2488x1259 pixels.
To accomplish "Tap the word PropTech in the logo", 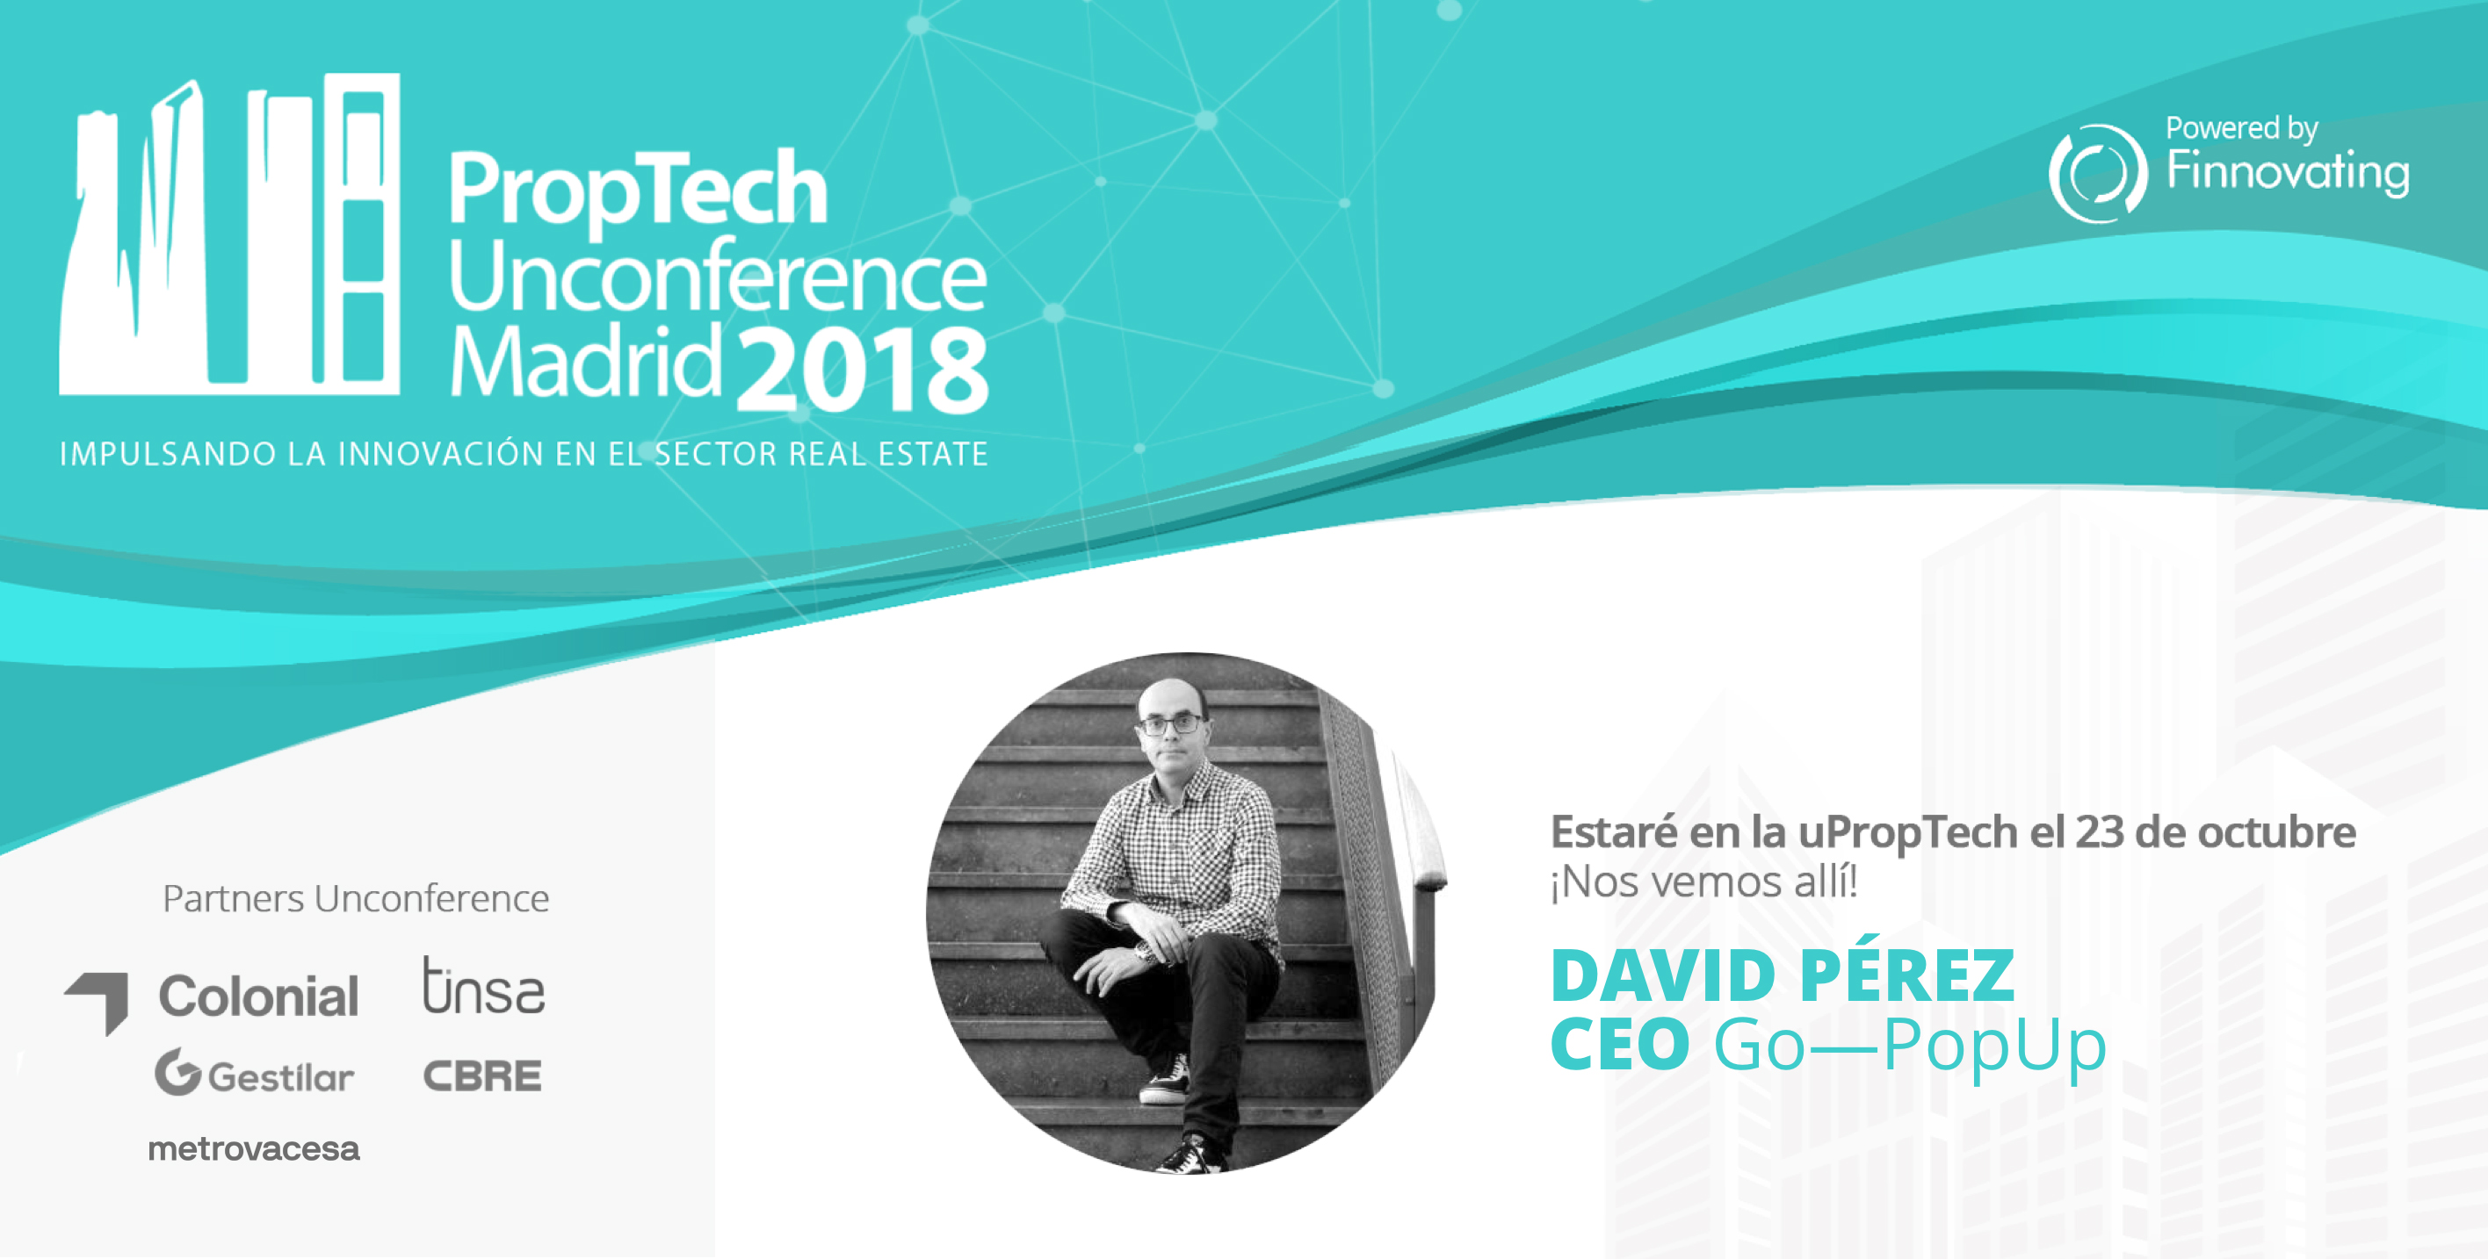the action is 638,191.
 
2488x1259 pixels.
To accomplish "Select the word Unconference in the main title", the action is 718,277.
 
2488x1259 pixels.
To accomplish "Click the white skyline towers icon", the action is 230,234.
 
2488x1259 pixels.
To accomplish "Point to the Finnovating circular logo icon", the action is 2098,174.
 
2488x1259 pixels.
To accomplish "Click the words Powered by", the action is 2242,128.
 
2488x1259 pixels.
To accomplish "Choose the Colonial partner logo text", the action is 258,996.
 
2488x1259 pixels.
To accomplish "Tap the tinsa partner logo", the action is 483,986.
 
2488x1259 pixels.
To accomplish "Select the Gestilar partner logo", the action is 254,1073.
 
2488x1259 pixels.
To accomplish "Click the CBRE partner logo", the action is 482,1076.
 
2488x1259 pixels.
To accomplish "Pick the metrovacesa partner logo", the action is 253,1148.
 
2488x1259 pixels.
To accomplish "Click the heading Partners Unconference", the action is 356,899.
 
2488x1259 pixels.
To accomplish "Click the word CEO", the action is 1620,1044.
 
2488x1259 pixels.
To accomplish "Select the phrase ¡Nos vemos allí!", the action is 1703,881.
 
